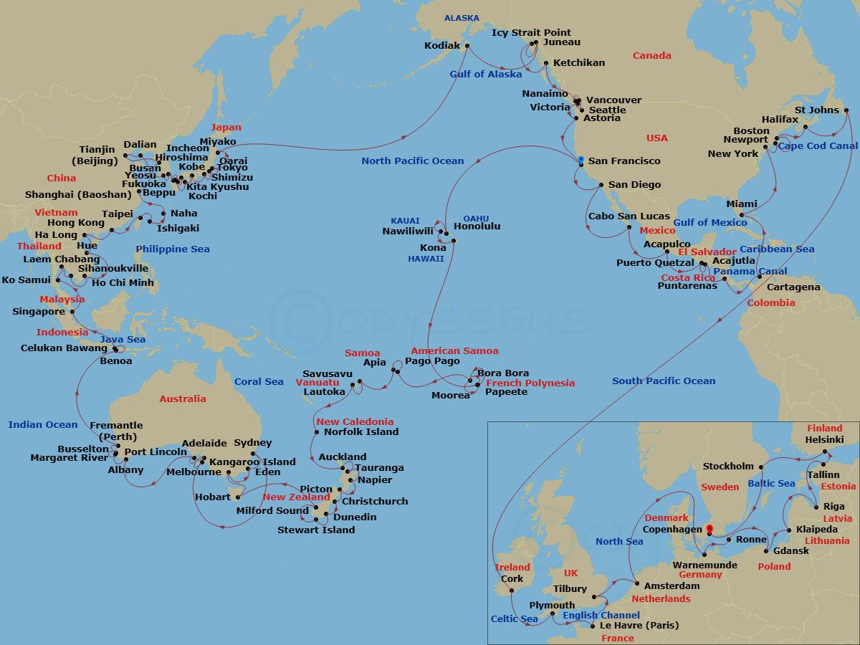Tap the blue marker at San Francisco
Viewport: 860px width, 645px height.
tap(580, 160)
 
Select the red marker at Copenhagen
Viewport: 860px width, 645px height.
tap(709, 530)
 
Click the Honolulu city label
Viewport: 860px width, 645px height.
tap(477, 226)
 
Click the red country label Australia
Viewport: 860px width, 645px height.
tap(182, 399)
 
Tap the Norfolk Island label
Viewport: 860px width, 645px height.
tap(361, 432)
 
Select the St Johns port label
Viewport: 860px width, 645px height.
tap(816, 110)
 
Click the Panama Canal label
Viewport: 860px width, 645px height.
tap(750, 272)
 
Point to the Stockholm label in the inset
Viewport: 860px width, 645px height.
tap(728, 466)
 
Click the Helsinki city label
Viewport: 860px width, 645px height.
tap(824, 439)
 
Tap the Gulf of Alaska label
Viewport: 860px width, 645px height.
tap(486, 75)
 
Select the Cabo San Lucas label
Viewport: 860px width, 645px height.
tap(629, 216)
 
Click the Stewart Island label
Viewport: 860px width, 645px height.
tap(316, 530)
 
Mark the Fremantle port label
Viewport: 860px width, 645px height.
tap(116, 426)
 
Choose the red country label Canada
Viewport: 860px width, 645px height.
tap(651, 56)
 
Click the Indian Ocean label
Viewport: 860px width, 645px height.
tap(43, 425)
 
